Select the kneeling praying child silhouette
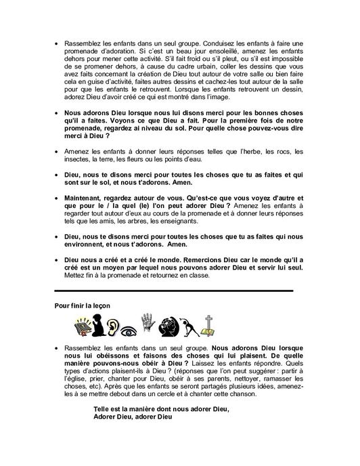101,326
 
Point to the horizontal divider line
173,290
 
